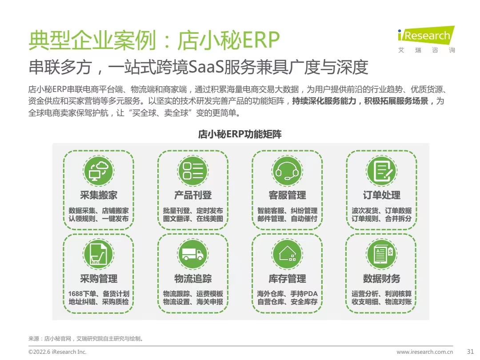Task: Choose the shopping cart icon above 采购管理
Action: coord(98,254)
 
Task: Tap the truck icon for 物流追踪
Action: coord(192,254)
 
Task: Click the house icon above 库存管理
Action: coord(287,254)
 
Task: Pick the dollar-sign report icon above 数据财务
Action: coord(381,254)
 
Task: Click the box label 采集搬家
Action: coord(98,195)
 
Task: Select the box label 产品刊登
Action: coord(192,195)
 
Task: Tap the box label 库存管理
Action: coord(287,279)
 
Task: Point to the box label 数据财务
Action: coord(381,279)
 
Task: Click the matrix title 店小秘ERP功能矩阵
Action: coord(240,134)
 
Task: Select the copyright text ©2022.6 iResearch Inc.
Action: coord(57,352)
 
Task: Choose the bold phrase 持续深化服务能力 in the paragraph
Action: coord(324,101)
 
